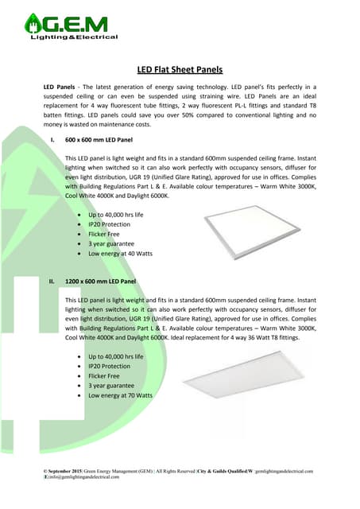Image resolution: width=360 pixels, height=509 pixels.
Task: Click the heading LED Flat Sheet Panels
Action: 180,69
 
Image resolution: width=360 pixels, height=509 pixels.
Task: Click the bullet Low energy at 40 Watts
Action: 120,253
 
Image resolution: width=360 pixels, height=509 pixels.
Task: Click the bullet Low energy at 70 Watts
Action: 120,395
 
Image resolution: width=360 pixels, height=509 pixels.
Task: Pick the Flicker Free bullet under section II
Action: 104,376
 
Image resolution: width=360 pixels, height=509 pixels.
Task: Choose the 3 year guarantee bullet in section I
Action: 112,243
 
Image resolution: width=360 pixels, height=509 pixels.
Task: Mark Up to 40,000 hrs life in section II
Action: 116,357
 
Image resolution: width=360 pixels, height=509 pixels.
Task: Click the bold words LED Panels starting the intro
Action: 60,85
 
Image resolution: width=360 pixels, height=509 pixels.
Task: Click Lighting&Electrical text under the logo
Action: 74,37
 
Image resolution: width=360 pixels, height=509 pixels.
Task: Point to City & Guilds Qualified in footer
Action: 222,472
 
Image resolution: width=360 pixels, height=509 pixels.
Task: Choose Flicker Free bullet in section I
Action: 104,235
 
